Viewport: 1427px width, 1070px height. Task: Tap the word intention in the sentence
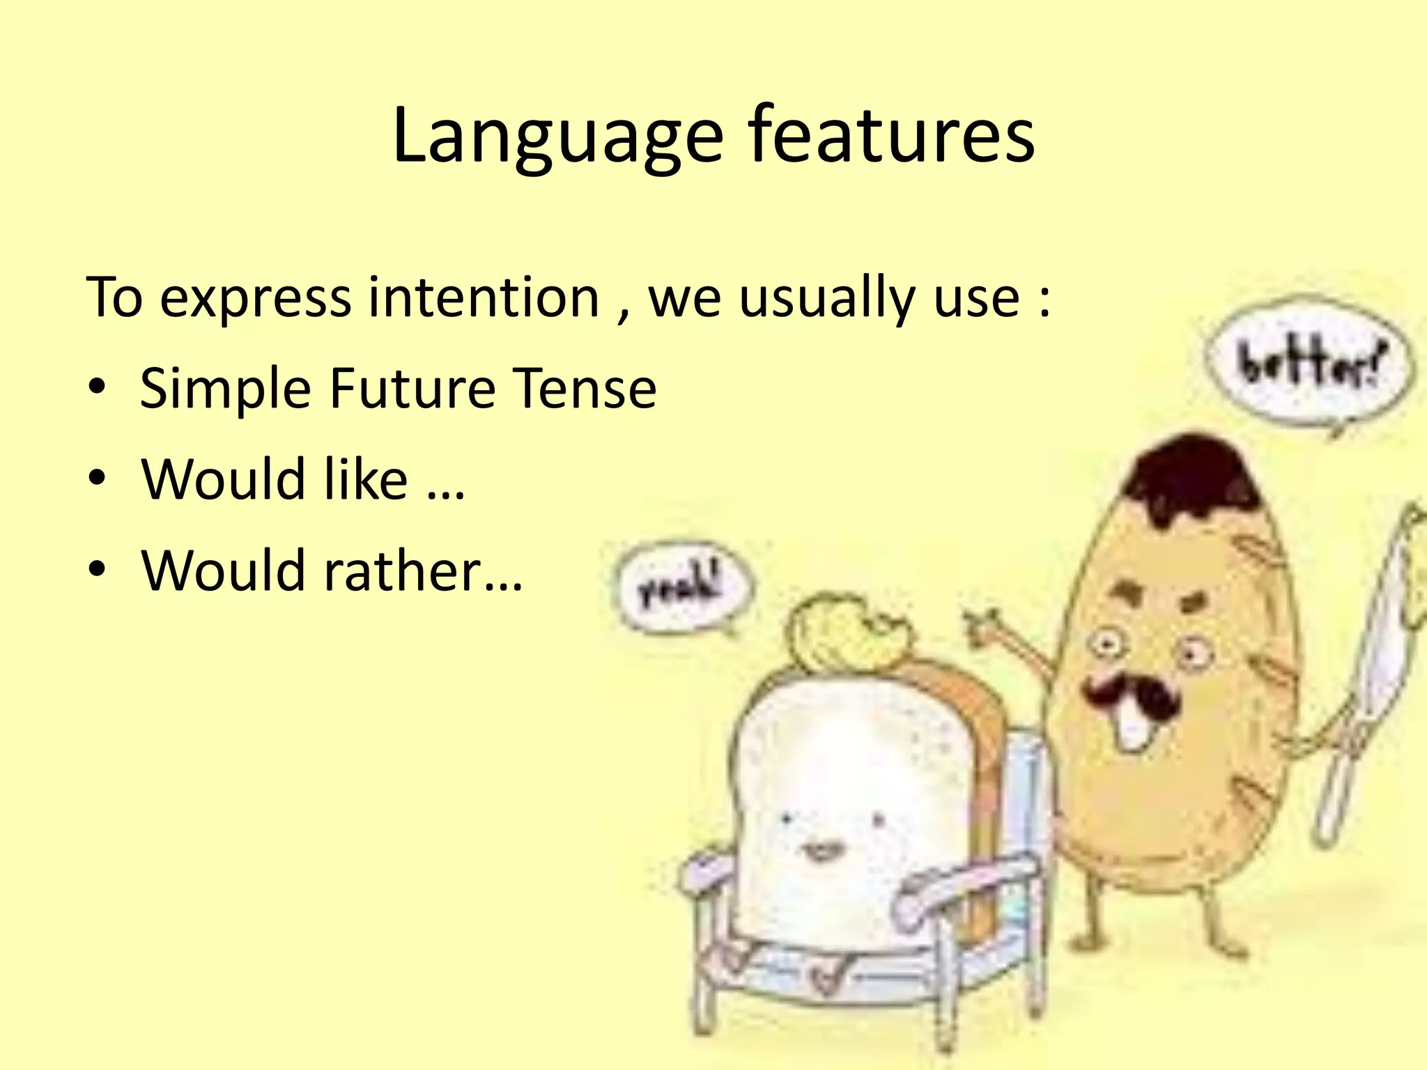(484, 297)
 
